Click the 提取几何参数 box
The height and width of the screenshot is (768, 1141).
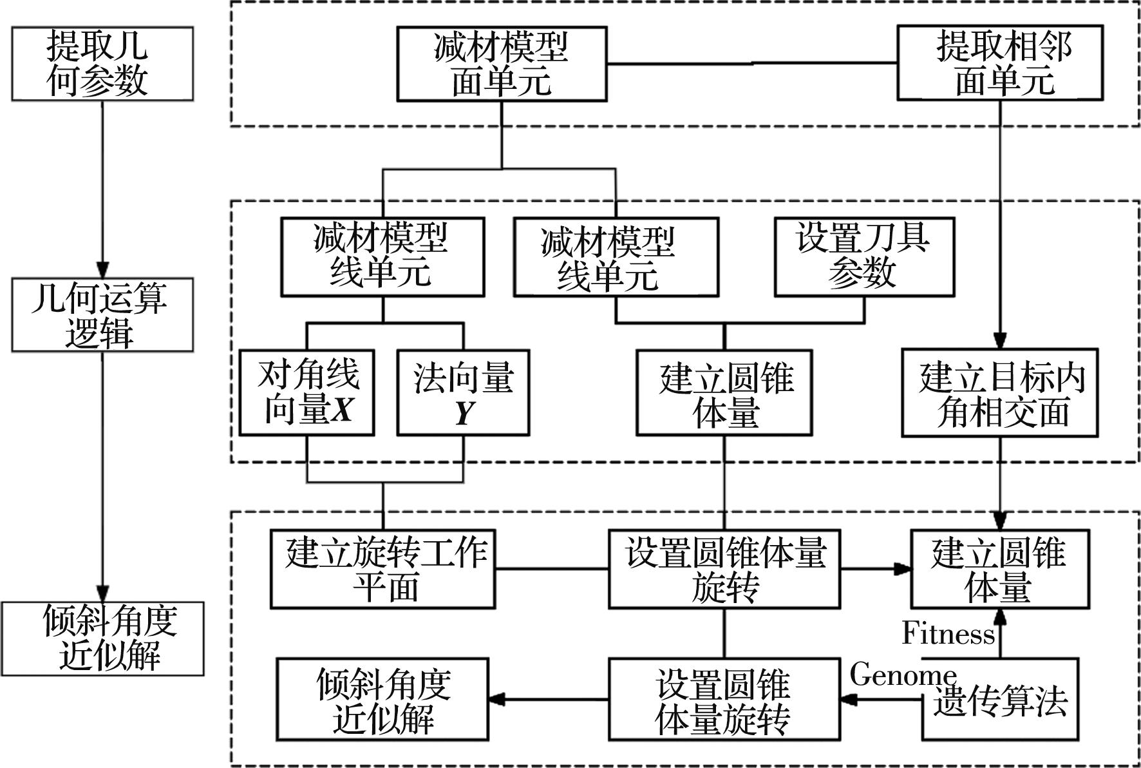click(x=102, y=63)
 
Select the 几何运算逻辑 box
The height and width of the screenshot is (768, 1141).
click(x=102, y=314)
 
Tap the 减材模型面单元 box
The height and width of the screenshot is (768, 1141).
click(x=501, y=64)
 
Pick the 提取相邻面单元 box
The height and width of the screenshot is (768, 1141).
click(x=999, y=63)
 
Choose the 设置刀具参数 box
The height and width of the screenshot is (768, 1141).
click(x=863, y=256)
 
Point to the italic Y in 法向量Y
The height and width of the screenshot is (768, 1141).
click(x=464, y=413)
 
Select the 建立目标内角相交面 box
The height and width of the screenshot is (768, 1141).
click(x=999, y=392)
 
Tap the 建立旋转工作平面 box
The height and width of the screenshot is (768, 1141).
click(x=382, y=569)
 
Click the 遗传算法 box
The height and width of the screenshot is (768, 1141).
click(x=1000, y=699)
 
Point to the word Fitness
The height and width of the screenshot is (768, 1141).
click(x=948, y=633)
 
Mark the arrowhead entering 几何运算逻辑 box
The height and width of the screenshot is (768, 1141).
click(x=102, y=271)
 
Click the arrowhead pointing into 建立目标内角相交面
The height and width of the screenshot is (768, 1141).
click(x=999, y=341)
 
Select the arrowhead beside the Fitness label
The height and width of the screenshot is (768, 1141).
click(x=999, y=617)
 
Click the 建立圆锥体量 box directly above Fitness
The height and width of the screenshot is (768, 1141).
click(x=999, y=569)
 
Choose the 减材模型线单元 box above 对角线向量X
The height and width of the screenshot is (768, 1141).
click(x=382, y=256)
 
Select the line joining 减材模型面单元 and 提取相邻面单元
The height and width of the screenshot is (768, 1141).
click(x=751, y=63)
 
